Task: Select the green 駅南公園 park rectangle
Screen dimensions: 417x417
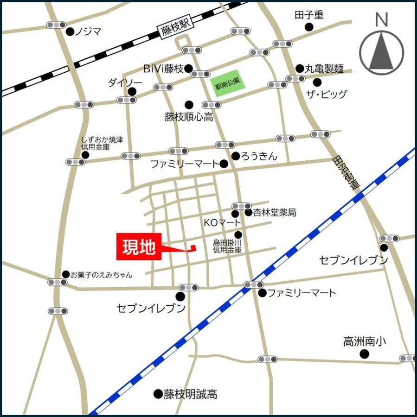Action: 227,83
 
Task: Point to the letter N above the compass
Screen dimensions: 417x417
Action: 381,19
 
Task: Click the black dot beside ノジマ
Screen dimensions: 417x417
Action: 70,32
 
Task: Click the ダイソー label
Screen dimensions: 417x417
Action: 125,82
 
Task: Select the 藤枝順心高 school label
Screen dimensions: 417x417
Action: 189,117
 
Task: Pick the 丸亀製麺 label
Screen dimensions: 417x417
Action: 324,69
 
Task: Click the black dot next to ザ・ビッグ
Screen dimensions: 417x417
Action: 317,82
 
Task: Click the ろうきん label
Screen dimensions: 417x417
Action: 259,156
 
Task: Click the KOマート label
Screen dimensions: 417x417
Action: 223,223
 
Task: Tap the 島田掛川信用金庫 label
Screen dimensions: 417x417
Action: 227,246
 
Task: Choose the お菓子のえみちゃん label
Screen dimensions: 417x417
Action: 101,275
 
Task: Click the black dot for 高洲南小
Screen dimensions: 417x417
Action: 365,354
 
